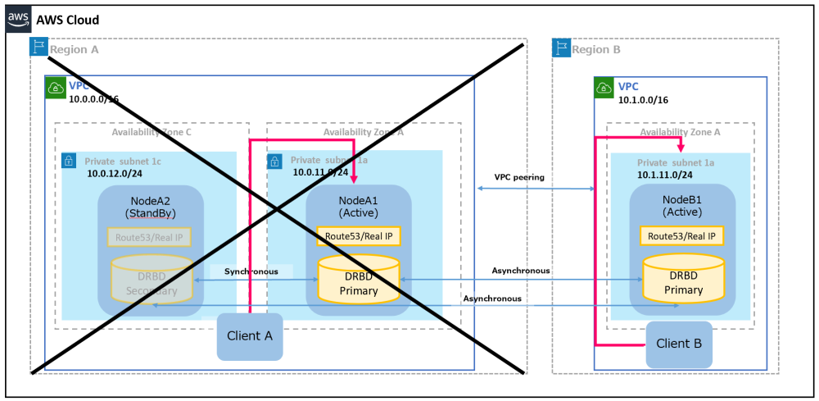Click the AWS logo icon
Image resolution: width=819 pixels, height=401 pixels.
pos(18,18)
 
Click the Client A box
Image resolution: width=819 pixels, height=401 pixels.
pos(250,336)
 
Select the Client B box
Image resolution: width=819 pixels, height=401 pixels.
pos(679,344)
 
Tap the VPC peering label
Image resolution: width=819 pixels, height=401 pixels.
pos(519,177)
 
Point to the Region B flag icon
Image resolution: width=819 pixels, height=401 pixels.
pos(561,47)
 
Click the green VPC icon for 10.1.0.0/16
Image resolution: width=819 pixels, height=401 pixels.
pos(604,86)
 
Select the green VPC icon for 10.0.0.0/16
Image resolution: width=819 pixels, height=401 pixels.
pos(55,86)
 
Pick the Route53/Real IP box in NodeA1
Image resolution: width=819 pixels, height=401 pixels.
pos(359,236)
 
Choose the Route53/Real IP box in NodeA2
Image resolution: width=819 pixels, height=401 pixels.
pos(148,237)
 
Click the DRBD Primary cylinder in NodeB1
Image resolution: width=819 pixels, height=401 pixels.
pos(683,277)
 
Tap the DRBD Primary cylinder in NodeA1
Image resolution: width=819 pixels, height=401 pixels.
pos(359,278)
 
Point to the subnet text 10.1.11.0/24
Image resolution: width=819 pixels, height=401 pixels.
pos(665,175)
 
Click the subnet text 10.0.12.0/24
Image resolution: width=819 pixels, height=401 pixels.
pos(115,174)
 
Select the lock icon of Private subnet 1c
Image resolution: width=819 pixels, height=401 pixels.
pos(70,161)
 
